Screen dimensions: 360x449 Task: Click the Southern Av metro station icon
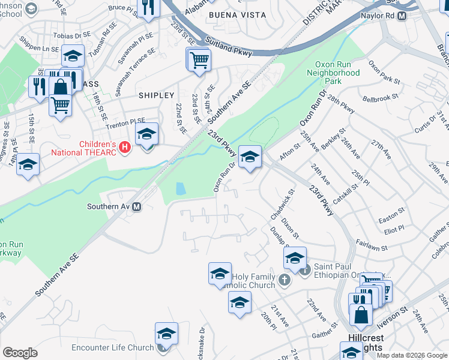point(137,207)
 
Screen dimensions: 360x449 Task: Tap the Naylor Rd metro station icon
point(402,16)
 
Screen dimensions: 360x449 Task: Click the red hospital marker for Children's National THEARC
point(125,146)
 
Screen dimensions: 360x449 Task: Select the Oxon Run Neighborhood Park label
point(333,73)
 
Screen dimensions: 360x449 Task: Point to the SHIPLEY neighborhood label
point(156,95)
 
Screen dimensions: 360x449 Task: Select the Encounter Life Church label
point(113,348)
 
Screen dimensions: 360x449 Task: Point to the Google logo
point(20,353)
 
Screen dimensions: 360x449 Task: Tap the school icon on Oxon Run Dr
point(250,157)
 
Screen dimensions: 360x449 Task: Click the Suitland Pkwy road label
point(229,48)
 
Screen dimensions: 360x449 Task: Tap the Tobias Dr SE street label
point(72,36)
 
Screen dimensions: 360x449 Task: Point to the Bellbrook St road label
point(384,97)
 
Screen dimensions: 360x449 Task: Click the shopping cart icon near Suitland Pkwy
point(199,59)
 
